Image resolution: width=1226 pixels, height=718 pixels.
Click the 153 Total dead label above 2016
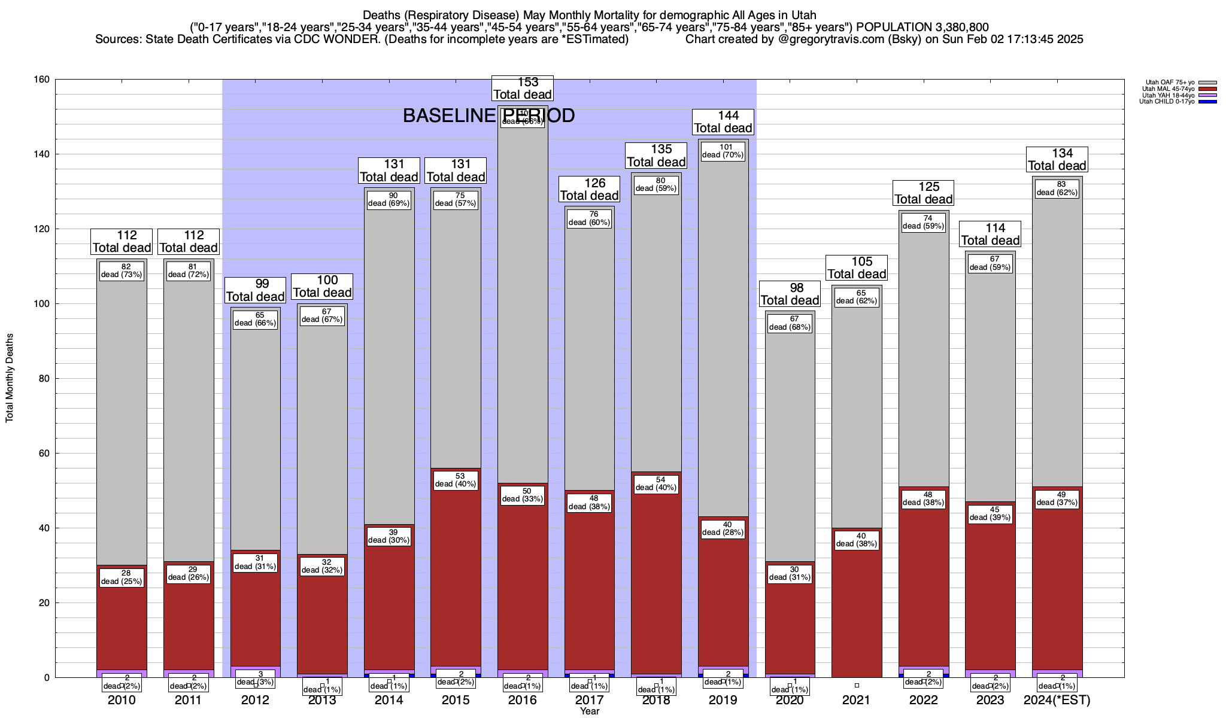522,89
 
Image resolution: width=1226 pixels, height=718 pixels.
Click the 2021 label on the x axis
857,700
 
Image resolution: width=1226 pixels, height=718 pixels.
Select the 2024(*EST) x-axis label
1057,700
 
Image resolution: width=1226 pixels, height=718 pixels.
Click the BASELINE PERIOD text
488,115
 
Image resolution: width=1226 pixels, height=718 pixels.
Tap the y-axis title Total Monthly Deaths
10,378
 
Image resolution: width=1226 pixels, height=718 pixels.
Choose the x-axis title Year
590,711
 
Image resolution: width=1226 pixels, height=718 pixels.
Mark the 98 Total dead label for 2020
790,294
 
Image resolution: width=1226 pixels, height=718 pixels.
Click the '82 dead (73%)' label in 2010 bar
122,270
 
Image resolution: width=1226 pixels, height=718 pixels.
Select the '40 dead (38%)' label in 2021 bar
857,540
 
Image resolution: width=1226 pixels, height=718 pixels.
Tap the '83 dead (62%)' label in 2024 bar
1057,188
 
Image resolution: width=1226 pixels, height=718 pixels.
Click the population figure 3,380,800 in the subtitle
952,27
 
